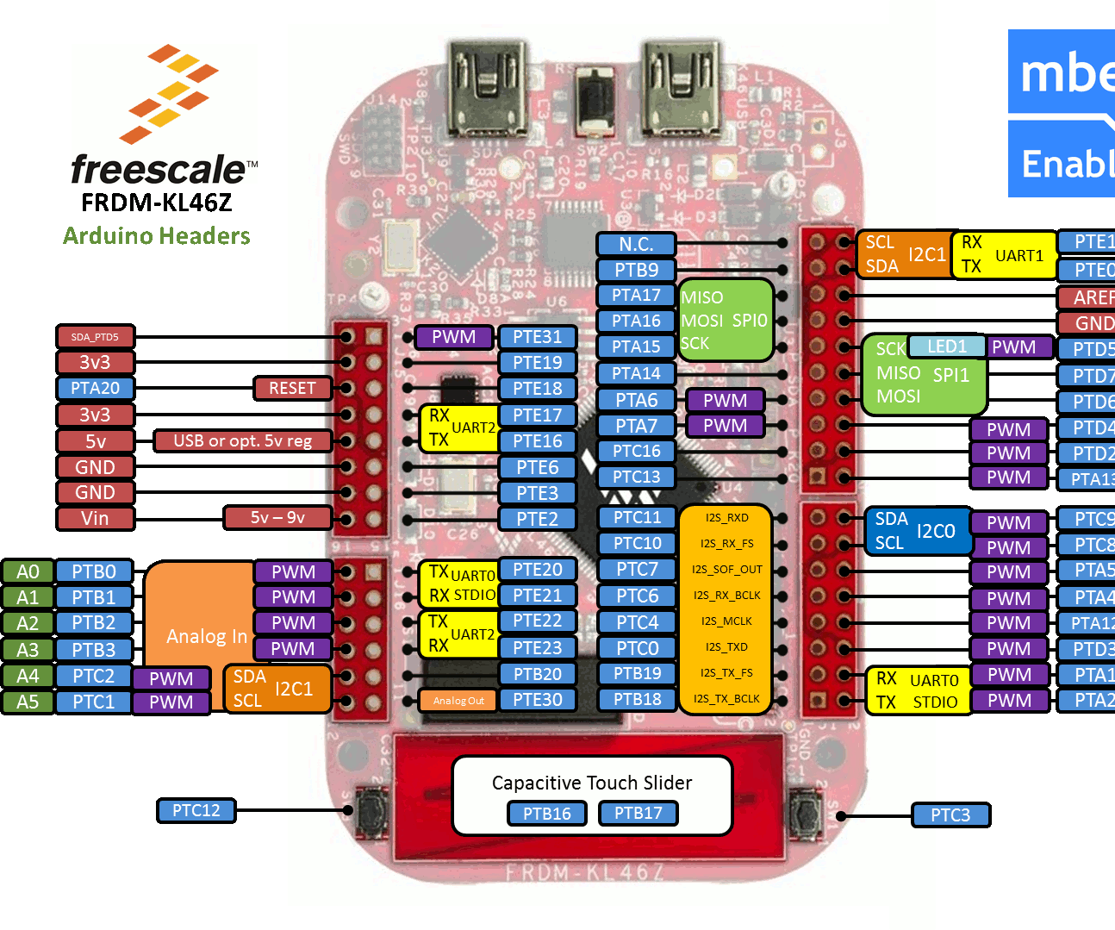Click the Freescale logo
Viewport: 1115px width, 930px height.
pos(164,114)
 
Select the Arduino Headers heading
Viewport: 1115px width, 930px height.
pos(157,235)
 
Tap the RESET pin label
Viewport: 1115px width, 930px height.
pos(293,388)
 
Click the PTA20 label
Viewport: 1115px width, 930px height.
pos(95,388)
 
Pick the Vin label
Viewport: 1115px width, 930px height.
pos(95,518)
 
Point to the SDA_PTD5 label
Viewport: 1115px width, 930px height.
pos(95,337)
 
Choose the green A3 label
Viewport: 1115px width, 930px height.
pos(28,649)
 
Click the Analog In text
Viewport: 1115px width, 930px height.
pos(207,636)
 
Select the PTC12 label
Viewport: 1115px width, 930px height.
pos(196,810)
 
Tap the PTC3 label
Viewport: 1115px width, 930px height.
pos(950,815)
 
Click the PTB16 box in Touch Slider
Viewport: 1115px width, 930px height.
pos(546,813)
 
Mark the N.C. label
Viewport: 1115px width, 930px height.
pos(635,244)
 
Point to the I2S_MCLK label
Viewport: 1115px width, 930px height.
pos(726,621)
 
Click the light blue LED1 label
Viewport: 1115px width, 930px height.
pos(946,346)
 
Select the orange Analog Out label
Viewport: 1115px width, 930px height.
pos(458,700)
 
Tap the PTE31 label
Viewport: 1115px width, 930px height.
pos(537,337)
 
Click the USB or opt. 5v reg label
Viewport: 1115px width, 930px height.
pos(243,440)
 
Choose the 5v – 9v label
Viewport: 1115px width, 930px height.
pos(277,517)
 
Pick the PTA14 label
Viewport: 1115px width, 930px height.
pos(636,373)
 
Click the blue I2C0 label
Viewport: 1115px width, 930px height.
pos(935,531)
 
